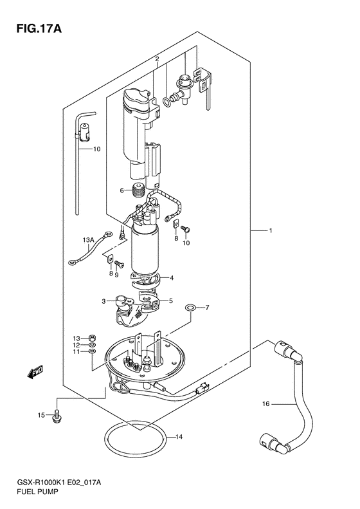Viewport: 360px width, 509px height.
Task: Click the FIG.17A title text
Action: [39, 28]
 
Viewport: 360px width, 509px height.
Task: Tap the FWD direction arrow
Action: [35, 372]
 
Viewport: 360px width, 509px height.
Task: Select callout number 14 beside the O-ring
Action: [179, 437]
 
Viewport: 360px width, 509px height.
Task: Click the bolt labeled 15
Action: [57, 416]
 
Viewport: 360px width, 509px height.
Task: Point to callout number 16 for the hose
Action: [266, 404]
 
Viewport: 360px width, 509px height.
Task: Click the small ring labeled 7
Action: [190, 307]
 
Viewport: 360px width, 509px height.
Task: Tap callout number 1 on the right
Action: [270, 230]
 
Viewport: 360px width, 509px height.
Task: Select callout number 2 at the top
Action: [157, 59]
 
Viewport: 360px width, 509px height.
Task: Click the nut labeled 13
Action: [92, 338]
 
